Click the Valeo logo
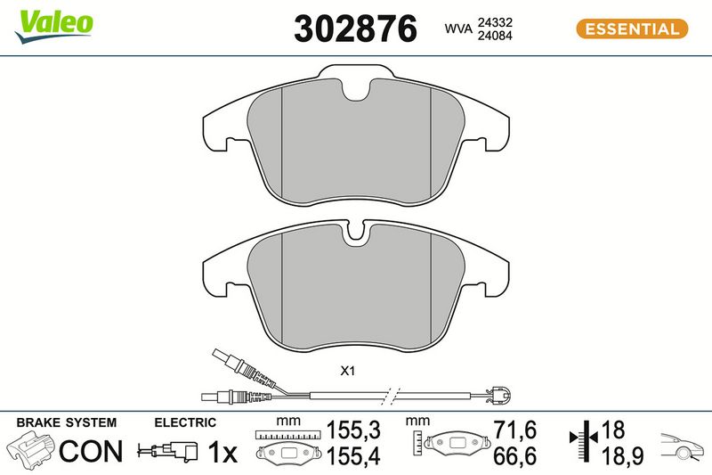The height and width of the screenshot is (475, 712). point(53,27)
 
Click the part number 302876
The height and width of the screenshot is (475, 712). point(355,29)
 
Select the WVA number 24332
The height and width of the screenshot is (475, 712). point(495,22)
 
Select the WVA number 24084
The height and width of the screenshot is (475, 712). point(495,36)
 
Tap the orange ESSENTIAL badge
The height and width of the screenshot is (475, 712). point(632,29)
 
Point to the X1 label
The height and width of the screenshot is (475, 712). point(347,372)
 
